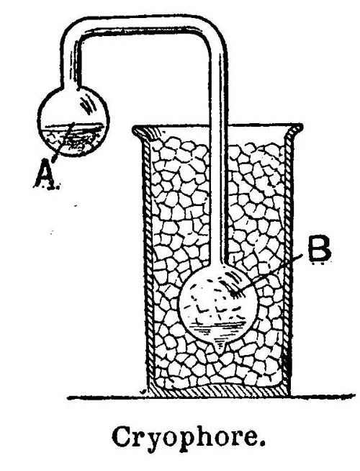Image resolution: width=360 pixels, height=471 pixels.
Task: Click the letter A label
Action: pos(45,176)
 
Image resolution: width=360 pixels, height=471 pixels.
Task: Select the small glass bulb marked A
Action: pos(73,121)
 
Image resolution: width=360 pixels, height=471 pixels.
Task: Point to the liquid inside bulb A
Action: pos(73,140)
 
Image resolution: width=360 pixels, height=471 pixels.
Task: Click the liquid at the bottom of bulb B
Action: pos(218,332)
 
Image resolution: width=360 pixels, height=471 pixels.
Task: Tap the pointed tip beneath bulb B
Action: pos(221,349)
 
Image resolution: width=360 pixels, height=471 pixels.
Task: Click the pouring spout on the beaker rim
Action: pos(143,132)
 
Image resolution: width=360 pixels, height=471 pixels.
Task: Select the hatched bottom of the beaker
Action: pos(218,390)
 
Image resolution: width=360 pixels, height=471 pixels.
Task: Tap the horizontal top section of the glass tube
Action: pos(144,24)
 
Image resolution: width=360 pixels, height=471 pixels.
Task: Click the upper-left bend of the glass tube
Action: pos(71,33)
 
